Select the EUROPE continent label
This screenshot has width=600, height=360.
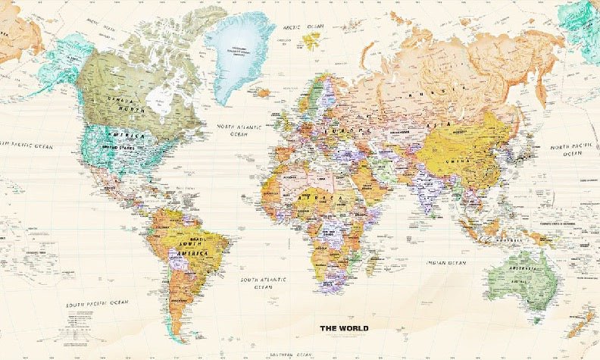[323, 130]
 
